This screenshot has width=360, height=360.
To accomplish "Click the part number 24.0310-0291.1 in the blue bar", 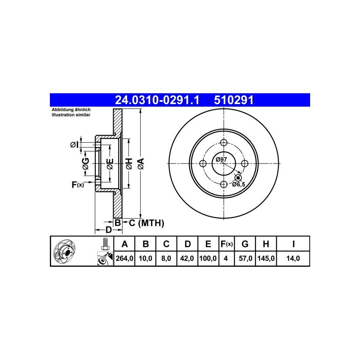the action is click(157, 100).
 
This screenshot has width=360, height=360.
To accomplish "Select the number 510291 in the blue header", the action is click(233, 100).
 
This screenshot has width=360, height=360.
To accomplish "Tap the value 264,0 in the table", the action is click(124, 259).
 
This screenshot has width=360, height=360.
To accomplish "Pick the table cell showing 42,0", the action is click(187, 259).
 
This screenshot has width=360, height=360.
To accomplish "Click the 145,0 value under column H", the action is click(266, 259).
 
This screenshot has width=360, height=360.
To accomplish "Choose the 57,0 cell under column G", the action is click(245, 259).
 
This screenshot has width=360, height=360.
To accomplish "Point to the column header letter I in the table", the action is click(293, 244).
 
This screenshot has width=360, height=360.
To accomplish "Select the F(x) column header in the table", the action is click(226, 244).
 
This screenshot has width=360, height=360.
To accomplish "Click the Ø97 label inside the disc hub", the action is click(221, 159).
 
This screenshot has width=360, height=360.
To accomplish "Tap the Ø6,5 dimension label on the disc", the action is click(239, 184).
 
